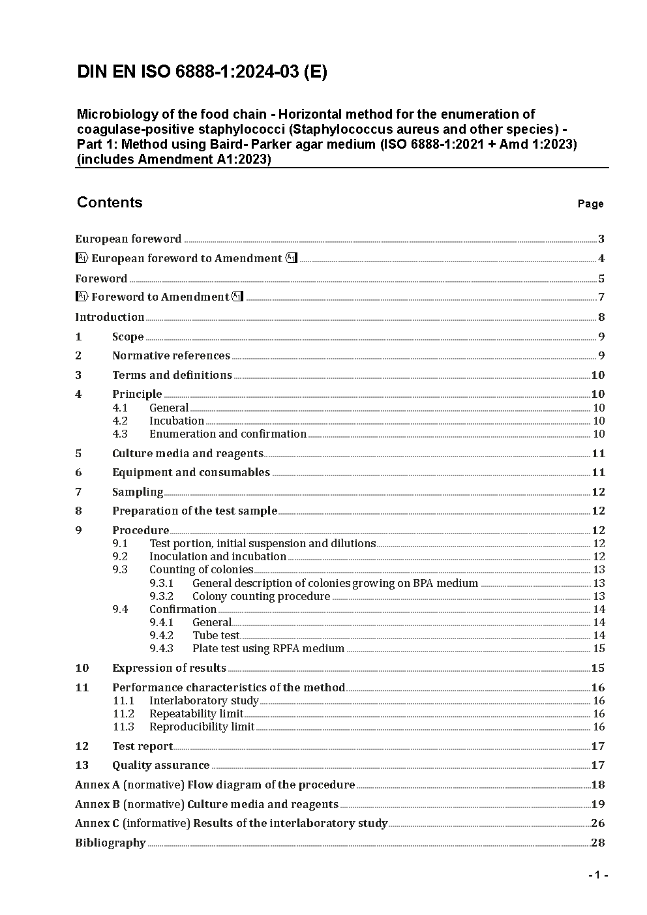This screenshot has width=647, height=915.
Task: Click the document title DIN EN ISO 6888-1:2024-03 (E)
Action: coord(202,72)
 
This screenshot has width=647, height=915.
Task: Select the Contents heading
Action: coord(110,202)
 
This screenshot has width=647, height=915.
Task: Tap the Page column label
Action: coord(590,204)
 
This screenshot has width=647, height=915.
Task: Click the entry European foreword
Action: coord(128,239)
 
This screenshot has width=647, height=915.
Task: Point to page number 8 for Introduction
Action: coord(601,318)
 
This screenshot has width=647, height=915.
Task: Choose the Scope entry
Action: coord(128,337)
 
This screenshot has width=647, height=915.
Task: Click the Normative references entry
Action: coord(171,355)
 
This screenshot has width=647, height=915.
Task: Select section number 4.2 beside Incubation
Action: coord(120,421)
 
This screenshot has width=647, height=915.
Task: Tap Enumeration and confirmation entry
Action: coord(228,434)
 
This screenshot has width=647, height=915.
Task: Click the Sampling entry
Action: coord(138,492)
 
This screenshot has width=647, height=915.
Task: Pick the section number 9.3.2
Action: coord(161,596)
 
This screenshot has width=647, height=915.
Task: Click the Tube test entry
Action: coord(216,635)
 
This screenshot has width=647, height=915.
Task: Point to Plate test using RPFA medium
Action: coord(268,648)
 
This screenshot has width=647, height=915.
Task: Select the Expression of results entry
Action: coord(169,668)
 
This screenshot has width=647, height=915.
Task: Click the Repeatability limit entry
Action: coord(196,713)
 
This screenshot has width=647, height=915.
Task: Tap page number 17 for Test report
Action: coord(598,746)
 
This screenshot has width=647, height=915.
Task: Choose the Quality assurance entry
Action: coord(161,765)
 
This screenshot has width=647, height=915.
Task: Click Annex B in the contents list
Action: coord(207,804)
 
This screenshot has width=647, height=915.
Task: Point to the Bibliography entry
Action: coord(110,843)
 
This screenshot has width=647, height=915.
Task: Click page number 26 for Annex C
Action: coord(598,823)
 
